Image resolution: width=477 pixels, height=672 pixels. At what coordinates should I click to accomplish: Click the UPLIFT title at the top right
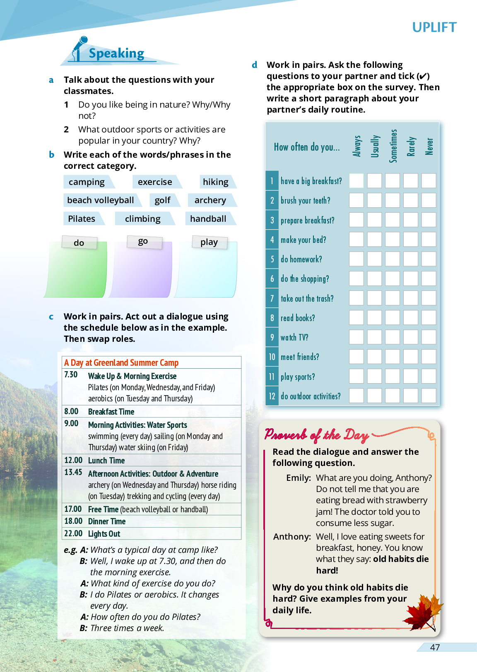tap(434, 27)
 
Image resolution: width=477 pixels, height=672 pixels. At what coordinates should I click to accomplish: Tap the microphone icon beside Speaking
tap(79, 48)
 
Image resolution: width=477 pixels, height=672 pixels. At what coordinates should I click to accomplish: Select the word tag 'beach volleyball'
tap(101, 200)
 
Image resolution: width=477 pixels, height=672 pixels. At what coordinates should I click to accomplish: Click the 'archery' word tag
tap(210, 200)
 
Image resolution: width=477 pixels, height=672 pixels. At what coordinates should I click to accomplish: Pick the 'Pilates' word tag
tap(82, 218)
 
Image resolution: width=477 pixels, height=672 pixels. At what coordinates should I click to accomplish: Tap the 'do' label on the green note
tap(79, 243)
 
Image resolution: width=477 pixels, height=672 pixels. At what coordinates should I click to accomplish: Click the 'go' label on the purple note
tap(143, 242)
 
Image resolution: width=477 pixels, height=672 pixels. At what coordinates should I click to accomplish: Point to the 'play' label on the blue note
tap(209, 242)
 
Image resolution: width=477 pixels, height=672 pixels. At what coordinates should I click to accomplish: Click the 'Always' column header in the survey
tap(357, 146)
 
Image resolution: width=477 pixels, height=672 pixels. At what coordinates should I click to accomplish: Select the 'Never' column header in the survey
tap(429, 146)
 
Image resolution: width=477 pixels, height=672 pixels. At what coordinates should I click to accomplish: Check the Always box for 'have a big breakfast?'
tap(357, 181)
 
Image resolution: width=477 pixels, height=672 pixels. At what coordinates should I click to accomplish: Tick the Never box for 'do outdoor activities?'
tap(429, 396)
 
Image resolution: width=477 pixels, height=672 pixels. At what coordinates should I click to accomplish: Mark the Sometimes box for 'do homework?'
tap(393, 259)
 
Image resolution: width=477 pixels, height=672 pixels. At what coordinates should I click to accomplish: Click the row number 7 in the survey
tap(272, 298)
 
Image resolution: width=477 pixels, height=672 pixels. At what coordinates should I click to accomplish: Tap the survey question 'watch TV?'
tap(294, 338)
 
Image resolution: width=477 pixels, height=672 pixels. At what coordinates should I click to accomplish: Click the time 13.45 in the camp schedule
tap(73, 473)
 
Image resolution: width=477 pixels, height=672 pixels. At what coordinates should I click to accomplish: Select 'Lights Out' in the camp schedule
tap(104, 534)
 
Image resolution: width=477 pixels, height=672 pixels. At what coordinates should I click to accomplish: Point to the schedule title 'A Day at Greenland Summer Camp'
tap(121, 363)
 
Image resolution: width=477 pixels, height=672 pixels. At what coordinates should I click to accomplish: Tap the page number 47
tap(435, 648)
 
